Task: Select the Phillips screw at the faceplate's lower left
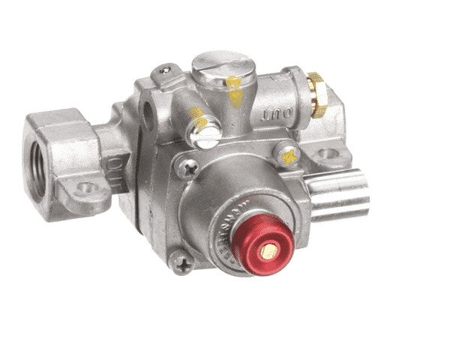point(181,260)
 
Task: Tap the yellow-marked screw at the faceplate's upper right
point(286,155)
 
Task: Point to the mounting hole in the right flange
point(325,156)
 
